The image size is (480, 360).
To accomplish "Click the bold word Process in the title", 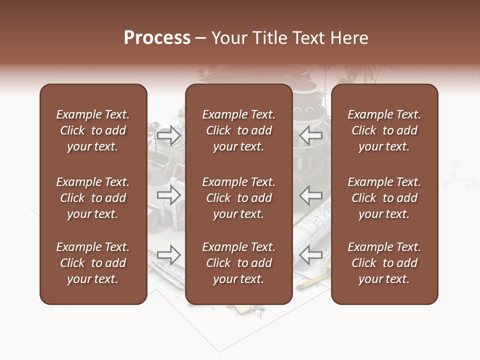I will (x=157, y=38).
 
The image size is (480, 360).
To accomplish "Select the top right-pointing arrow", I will (x=168, y=135).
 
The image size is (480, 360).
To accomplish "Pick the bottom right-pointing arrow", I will (x=168, y=255).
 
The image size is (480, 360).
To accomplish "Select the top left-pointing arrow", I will (x=311, y=135).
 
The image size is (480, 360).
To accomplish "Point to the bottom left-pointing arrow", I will (x=311, y=255).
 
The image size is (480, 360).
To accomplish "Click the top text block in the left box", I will (x=93, y=130).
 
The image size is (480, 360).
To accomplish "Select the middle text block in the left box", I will (x=93, y=198).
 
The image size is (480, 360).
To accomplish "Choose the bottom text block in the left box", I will (x=93, y=263).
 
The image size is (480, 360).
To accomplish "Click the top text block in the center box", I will (x=238, y=130).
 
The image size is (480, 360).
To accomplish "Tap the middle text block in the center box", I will (x=238, y=198).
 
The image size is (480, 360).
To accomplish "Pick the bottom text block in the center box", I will (x=238, y=263).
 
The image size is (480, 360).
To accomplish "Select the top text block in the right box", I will (x=384, y=130).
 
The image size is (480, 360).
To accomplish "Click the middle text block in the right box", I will (x=384, y=198).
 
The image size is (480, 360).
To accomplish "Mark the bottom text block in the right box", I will (x=384, y=263).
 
